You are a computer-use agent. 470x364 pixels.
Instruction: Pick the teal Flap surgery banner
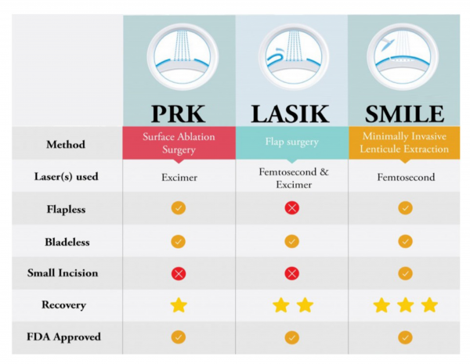pyautogui.click(x=291, y=143)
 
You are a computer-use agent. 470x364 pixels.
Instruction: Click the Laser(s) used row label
pyautogui.click(x=66, y=177)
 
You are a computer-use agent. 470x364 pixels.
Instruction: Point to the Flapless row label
pyautogui.click(x=66, y=209)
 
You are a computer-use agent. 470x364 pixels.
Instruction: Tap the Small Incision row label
pyautogui.click(x=66, y=273)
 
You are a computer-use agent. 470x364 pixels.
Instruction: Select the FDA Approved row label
pyautogui.click(x=66, y=337)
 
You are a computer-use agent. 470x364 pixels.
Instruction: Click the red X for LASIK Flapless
pyautogui.click(x=291, y=209)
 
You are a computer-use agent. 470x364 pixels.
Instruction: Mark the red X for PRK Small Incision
pyautogui.click(x=179, y=273)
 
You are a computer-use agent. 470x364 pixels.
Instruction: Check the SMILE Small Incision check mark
pyautogui.click(x=404, y=273)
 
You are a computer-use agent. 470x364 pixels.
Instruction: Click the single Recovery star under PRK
pyautogui.click(x=179, y=305)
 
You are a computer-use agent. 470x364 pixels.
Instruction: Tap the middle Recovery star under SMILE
pyautogui.click(x=404, y=305)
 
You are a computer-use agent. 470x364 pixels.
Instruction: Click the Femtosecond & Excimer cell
pyautogui.click(x=291, y=177)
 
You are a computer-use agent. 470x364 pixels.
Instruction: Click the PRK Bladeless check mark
pyautogui.click(x=179, y=241)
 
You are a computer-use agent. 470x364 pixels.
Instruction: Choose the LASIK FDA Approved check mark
pyautogui.click(x=291, y=337)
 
